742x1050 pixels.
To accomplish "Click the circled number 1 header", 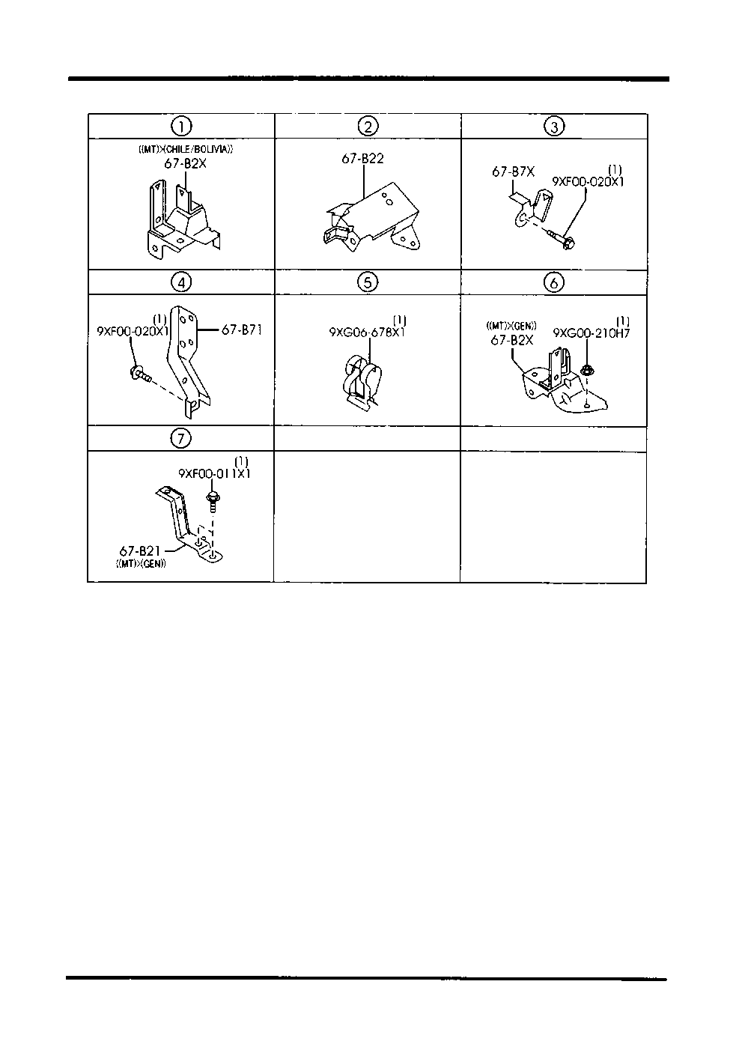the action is click(180, 127).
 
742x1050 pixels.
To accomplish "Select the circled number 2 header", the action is click(368, 127).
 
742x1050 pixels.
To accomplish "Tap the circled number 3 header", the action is click(553, 127).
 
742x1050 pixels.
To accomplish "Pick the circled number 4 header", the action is click(180, 282).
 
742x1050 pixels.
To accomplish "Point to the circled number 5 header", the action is click(368, 282).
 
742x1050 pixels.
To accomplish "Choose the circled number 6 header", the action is click(553, 282).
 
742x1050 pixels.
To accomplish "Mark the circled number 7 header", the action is click(180, 438).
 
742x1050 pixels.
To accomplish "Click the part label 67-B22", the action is click(362, 159).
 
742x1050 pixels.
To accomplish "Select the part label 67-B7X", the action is click(513, 172).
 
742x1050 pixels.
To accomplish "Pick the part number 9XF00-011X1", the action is click(215, 473).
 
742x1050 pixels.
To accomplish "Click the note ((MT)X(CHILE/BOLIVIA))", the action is click(186, 149).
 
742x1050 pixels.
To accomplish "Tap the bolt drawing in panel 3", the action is click(562, 238).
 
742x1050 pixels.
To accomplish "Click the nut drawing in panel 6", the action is click(587, 368).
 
